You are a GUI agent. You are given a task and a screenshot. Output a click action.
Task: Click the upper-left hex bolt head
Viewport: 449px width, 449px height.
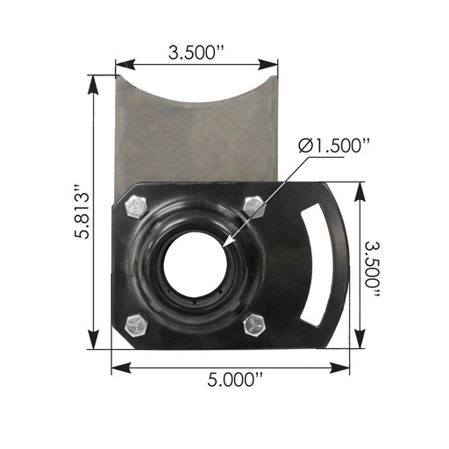click(x=136, y=206)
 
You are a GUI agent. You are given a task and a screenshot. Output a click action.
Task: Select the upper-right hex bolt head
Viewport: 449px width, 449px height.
click(x=253, y=206)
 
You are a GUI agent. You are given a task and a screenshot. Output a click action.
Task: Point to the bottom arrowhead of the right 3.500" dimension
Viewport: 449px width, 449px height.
click(x=360, y=346)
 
